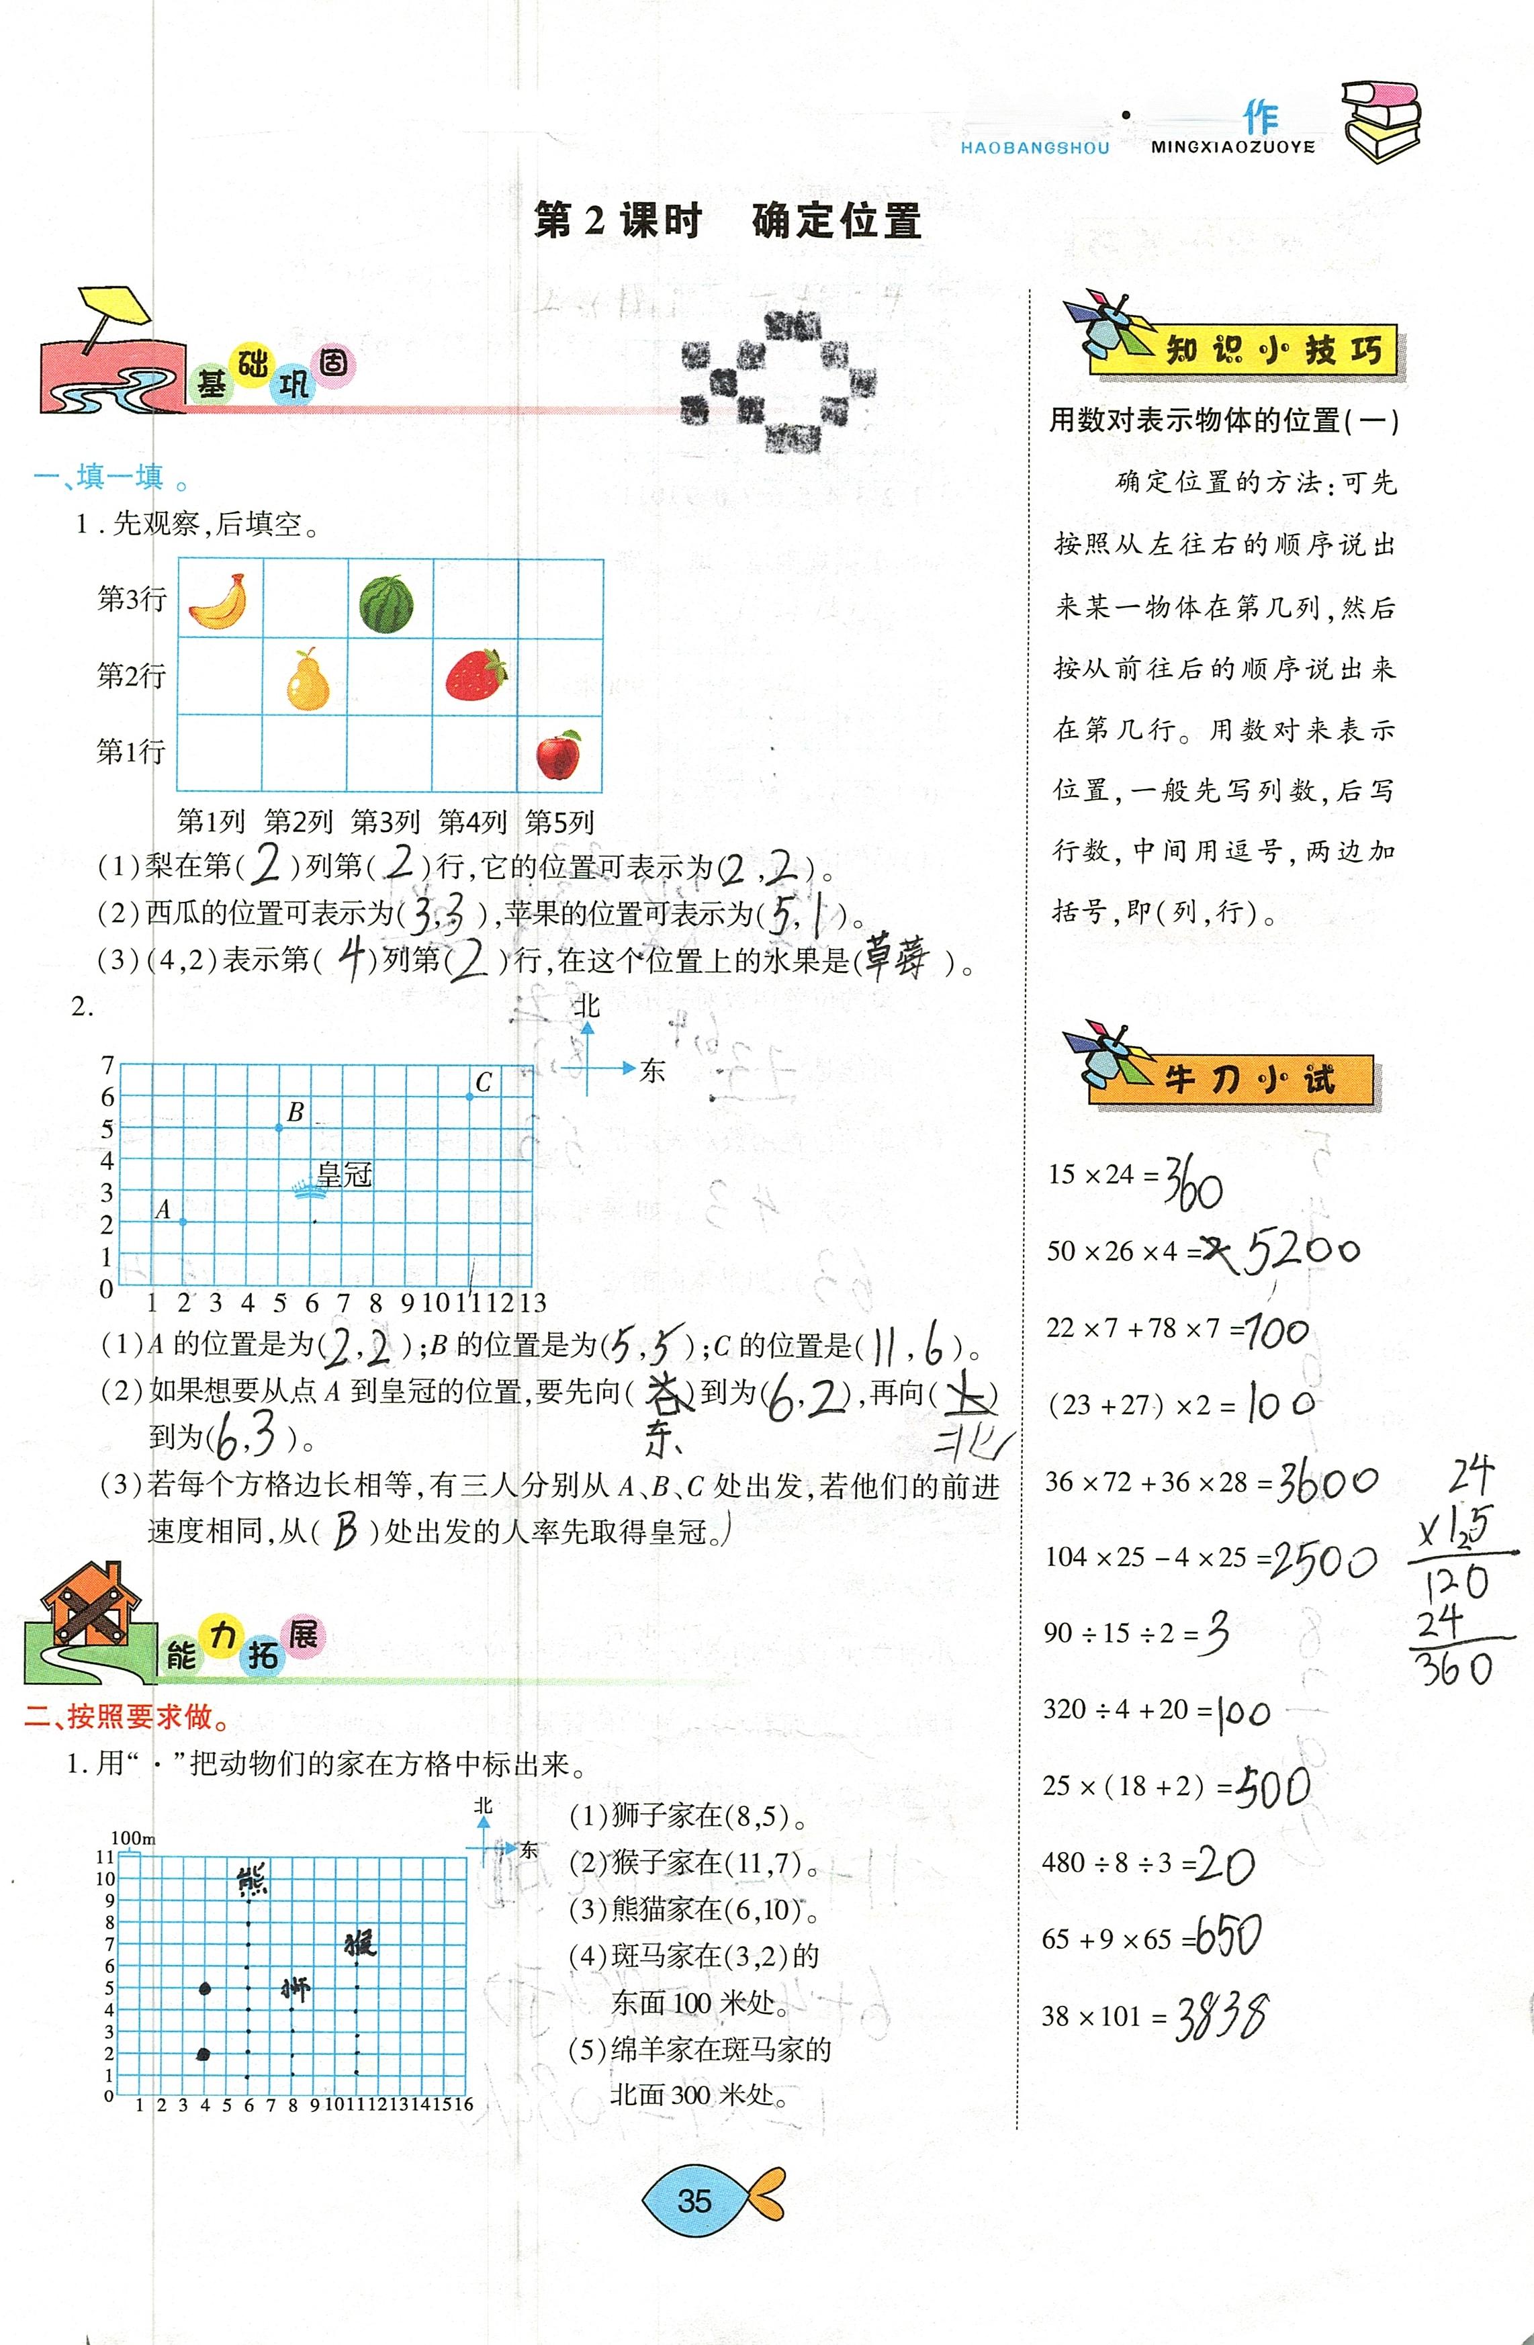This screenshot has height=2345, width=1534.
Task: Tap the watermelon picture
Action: tap(386, 603)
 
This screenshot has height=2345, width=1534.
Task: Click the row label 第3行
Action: tap(131, 599)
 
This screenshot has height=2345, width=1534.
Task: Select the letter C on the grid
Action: tap(483, 1082)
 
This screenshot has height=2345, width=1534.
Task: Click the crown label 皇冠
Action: tap(344, 1175)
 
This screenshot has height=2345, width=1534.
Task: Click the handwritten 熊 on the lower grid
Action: tap(253, 1880)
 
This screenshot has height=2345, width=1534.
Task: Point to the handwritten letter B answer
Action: tap(344, 1530)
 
